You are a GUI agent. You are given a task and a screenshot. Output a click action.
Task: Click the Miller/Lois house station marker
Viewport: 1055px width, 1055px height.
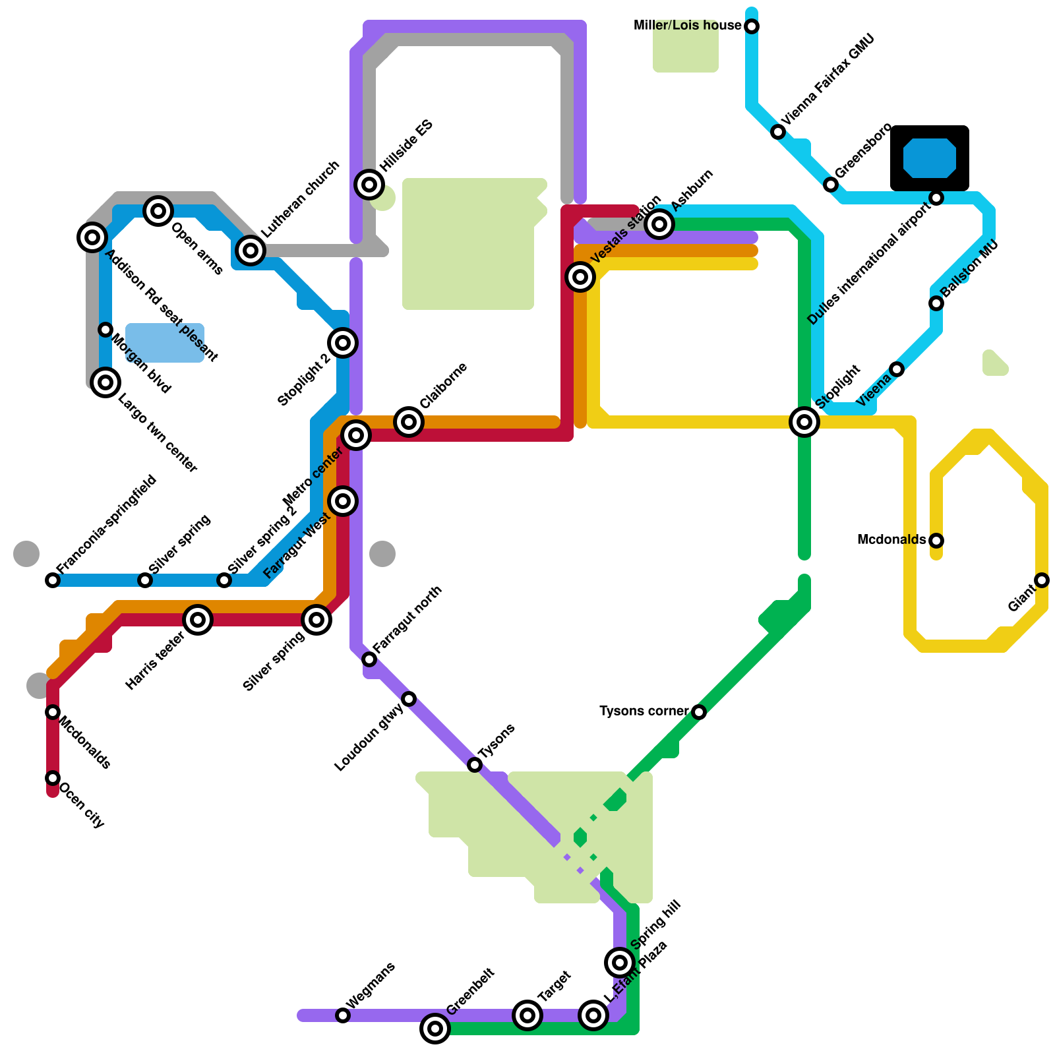(752, 26)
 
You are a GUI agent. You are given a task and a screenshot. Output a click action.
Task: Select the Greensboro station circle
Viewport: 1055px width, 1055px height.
(831, 185)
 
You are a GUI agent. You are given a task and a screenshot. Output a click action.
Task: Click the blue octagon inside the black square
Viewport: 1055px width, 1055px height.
(930, 158)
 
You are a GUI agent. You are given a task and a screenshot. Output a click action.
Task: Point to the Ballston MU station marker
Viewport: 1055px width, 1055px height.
(936, 303)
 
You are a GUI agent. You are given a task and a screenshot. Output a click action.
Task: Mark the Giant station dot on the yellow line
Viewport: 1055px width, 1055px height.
(1042, 580)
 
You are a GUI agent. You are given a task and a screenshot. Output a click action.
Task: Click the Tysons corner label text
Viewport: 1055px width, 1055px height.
(644, 711)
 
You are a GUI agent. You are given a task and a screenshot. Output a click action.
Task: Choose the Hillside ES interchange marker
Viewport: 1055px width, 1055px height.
(369, 184)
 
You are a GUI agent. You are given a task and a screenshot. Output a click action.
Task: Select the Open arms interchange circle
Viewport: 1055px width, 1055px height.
(158, 211)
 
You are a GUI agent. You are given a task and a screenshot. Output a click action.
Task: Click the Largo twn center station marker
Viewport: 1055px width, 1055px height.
(105, 382)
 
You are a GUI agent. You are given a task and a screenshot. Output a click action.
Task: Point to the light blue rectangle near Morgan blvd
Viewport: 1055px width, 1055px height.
(165, 343)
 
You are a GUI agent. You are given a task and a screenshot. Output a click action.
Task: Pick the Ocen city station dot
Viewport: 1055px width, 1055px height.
(53, 778)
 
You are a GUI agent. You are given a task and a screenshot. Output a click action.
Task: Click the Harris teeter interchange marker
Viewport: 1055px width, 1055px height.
(198, 620)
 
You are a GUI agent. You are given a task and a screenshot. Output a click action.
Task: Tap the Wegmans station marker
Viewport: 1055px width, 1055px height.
(343, 1015)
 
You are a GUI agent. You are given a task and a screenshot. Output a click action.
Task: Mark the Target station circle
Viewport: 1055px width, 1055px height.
(527, 1015)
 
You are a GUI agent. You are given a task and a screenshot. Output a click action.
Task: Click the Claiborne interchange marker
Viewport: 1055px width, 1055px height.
(409, 422)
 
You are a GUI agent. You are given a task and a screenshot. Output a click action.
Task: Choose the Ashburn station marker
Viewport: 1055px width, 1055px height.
(659, 224)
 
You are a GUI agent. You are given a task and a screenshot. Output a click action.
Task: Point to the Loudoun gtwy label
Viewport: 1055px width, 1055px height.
(369, 738)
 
